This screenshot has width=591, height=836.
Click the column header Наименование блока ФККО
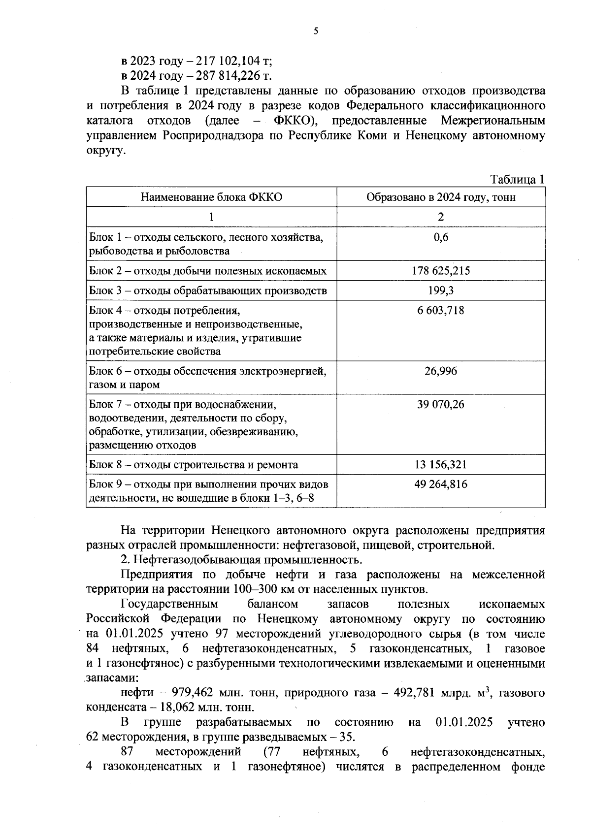[x=211, y=197]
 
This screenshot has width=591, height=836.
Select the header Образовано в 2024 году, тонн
[x=441, y=197]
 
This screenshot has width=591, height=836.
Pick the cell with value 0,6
[x=441, y=237]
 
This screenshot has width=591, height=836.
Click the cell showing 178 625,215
[x=441, y=271]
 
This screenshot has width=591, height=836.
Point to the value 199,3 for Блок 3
[x=441, y=290]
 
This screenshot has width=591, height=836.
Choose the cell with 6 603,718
[x=441, y=311]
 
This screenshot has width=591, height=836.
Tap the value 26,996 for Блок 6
[x=441, y=371]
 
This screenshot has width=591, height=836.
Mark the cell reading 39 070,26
[x=441, y=405]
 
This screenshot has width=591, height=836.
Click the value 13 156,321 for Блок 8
[x=441, y=465]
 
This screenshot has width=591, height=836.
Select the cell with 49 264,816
[x=441, y=484]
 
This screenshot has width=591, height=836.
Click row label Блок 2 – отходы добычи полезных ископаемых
[x=208, y=271]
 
